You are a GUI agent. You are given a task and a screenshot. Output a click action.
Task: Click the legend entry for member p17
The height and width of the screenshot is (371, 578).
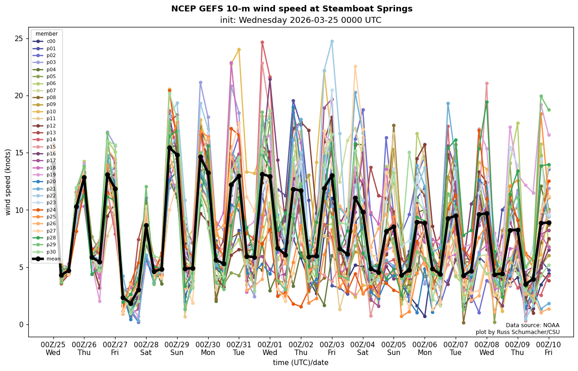point(51,161)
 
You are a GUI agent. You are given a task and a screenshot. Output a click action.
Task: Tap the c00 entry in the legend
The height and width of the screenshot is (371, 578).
point(51,42)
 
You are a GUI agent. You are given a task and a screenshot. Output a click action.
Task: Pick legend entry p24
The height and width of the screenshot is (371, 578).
point(51,210)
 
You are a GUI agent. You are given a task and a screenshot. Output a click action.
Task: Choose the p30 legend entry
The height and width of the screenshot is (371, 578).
point(51,252)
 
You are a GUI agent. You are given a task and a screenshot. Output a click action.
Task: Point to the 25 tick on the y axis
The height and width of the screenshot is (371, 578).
point(19,38)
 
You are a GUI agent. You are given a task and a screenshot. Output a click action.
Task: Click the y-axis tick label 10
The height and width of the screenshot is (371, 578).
point(19,210)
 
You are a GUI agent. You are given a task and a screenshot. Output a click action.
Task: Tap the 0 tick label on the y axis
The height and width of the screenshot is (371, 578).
point(21,325)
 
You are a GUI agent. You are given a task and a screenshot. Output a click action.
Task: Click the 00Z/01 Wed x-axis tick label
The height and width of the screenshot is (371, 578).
point(270,349)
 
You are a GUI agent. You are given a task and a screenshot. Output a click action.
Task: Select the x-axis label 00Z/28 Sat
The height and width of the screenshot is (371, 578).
point(146,349)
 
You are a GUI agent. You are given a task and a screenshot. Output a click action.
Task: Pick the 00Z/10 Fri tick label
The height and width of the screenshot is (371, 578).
point(548,349)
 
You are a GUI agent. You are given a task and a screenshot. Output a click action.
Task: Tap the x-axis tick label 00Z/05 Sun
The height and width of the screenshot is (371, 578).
point(394,349)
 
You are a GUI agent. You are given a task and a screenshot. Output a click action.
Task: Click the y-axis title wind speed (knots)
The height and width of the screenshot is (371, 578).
point(8,182)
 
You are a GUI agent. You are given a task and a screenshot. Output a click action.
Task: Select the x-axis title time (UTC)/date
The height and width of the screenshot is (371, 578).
point(300,363)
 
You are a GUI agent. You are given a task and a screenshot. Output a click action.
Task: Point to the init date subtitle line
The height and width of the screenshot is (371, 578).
point(300,20)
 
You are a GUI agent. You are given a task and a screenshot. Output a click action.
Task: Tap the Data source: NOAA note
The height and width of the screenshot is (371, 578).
point(532,325)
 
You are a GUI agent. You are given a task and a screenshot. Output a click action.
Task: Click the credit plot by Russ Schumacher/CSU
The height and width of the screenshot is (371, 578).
point(517,332)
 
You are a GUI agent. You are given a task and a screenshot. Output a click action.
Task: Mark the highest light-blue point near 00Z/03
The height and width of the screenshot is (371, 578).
point(332,42)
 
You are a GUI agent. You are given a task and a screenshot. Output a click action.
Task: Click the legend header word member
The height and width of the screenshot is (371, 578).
point(47,34)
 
